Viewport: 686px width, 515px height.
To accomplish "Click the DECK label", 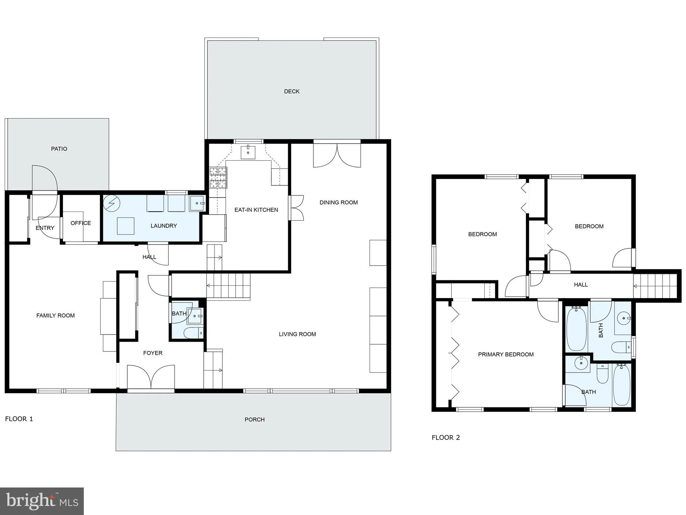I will point(292,91).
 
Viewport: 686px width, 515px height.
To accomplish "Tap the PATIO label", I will point(59,149).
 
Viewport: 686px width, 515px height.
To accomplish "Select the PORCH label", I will point(254,419).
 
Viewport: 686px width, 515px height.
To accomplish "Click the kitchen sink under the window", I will point(248,152).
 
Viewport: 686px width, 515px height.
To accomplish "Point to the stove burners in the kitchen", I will point(218,177).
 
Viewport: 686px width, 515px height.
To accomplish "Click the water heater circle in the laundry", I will point(111,203).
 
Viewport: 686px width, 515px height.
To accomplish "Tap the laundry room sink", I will point(197,203).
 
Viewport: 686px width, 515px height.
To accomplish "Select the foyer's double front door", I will point(151,377).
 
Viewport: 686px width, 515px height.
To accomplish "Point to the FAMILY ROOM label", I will point(55,316).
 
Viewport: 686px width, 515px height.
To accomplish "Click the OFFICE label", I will point(80,223).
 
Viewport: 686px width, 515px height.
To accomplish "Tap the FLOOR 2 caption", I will point(446,438).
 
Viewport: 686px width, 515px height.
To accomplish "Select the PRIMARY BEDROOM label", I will point(505,354).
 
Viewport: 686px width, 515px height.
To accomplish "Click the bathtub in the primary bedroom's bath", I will point(621,385).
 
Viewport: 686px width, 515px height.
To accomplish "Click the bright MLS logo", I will point(42,501).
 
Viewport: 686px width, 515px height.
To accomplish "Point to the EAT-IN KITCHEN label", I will point(256,210).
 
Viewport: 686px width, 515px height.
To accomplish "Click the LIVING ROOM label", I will point(297,334).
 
